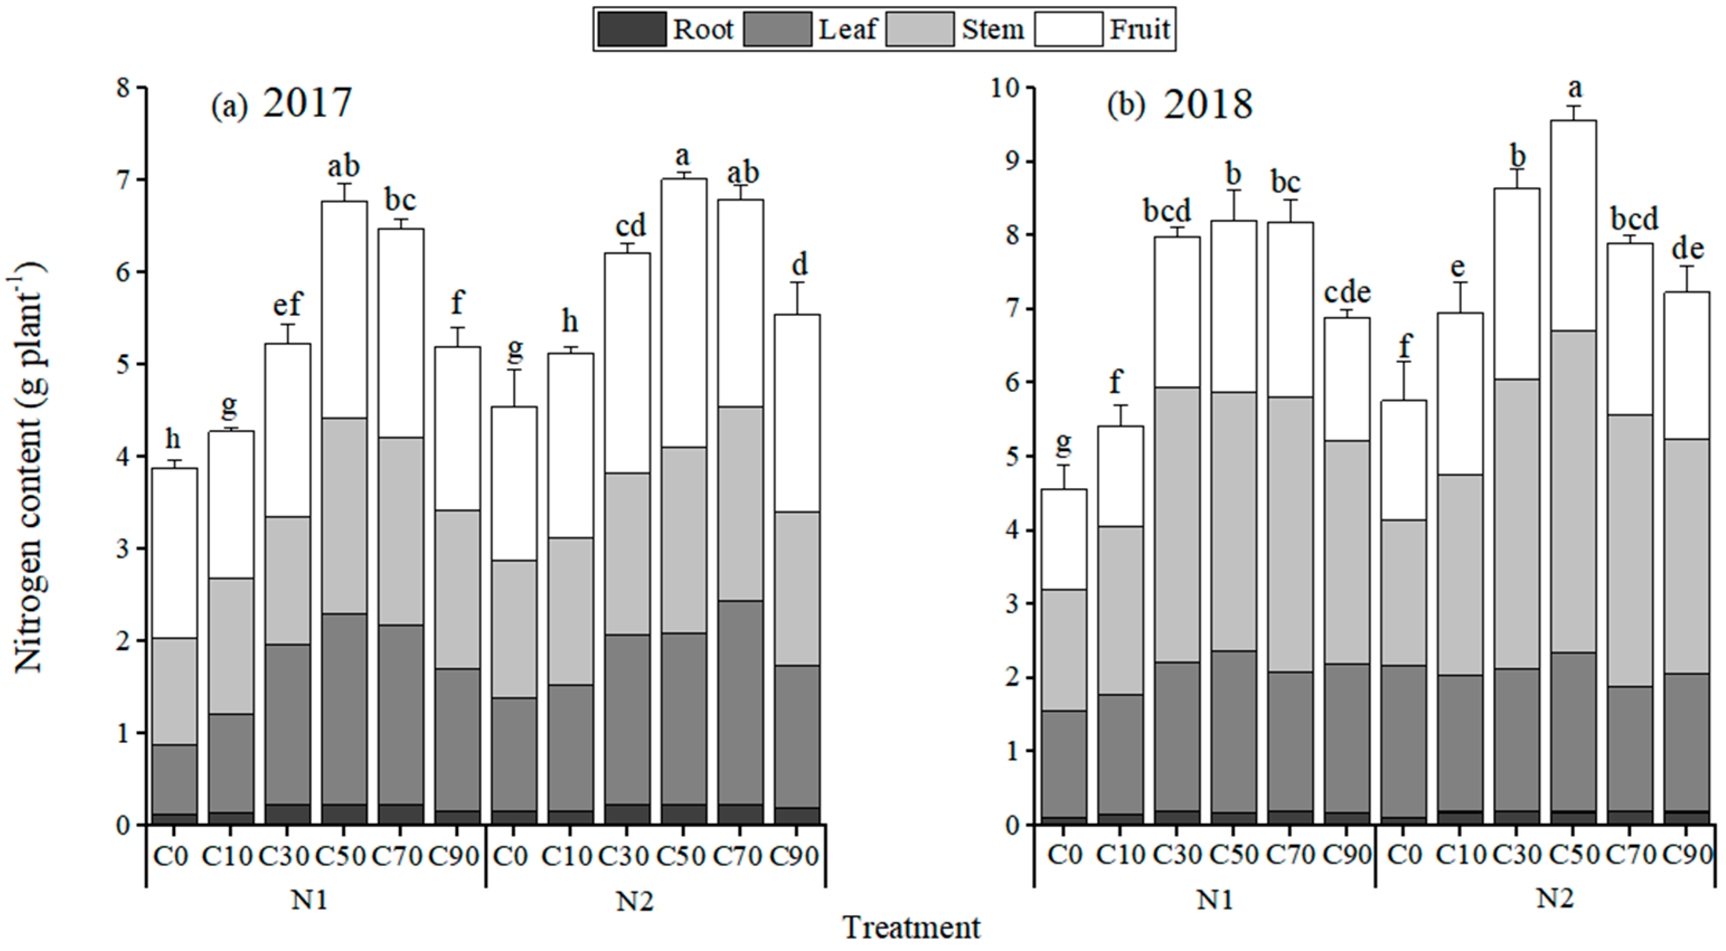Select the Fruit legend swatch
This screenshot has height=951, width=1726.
[1068, 30]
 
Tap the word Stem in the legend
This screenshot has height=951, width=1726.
[993, 30]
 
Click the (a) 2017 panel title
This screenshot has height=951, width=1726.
[282, 104]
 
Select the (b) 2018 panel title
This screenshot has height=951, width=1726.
[1179, 105]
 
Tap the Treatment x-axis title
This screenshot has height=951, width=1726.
[911, 928]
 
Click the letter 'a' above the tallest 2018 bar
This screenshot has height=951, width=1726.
[1575, 87]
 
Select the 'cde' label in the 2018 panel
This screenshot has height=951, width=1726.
[1347, 292]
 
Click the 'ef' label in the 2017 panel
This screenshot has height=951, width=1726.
[287, 305]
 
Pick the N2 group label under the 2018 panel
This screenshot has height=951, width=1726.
[1554, 897]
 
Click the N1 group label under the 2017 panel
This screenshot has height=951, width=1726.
[309, 901]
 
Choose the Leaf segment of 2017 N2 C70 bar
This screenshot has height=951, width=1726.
[741, 702]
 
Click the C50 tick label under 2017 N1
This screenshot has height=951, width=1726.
[341, 856]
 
